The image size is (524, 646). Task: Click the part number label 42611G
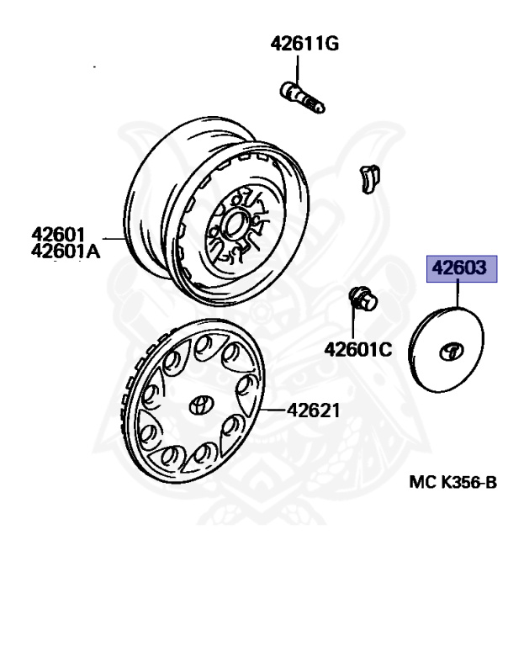coord(304,45)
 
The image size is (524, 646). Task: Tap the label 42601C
coord(358,347)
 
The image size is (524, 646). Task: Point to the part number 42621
coord(313,410)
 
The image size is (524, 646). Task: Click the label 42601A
coord(66,250)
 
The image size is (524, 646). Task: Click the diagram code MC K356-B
coord(453,482)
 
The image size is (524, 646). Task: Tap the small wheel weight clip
coord(368,177)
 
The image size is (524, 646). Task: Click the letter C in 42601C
coord(386,347)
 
